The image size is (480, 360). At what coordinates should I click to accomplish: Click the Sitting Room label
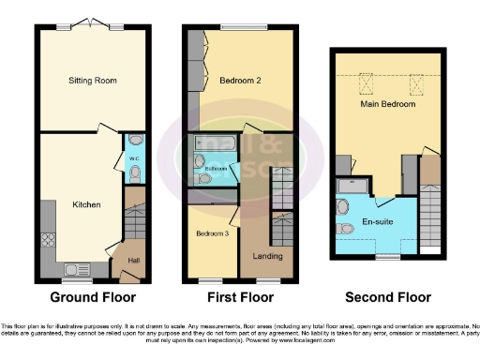click(x=92, y=82)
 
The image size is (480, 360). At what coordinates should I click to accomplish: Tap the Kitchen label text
click(x=86, y=204)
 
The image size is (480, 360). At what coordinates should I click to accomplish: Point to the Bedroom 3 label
click(x=212, y=233)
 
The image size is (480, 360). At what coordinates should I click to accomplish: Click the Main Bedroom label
click(x=387, y=105)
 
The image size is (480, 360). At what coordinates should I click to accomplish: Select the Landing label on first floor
click(x=266, y=254)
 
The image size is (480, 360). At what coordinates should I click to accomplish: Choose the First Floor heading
click(x=239, y=297)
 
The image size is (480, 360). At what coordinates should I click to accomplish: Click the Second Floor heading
click(x=384, y=297)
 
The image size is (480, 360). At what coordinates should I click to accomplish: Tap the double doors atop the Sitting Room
click(x=92, y=23)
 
